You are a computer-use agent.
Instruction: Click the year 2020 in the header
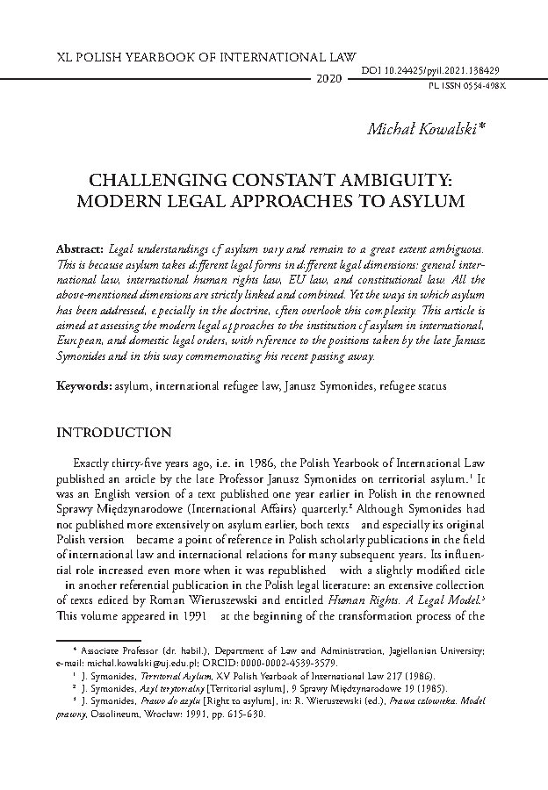(x=327, y=79)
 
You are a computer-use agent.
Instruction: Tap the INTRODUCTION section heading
(x=113, y=433)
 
